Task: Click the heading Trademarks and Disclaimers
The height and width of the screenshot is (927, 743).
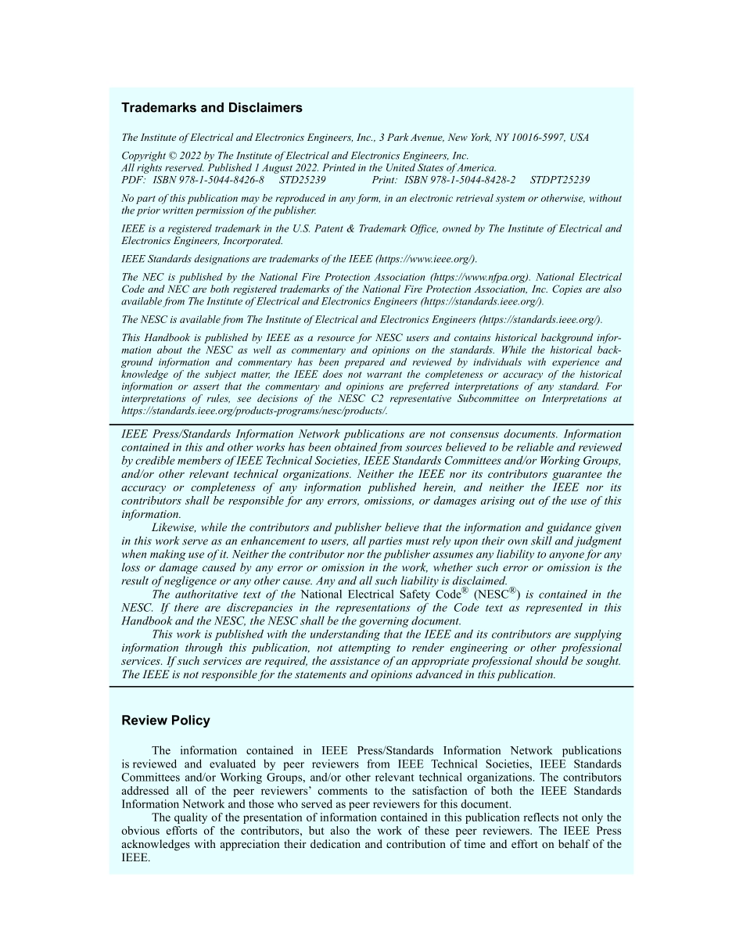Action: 211,108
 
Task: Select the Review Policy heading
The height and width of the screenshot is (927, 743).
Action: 166,720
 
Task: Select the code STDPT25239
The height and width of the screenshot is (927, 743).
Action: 560,179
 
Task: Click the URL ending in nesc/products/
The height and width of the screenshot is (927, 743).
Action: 254,411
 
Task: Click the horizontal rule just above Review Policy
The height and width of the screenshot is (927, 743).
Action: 371,686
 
